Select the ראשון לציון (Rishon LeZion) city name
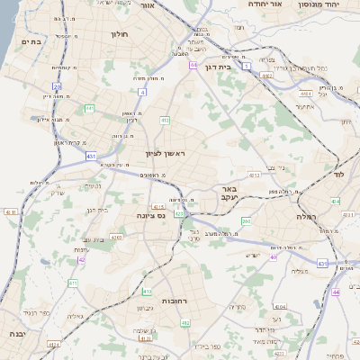[x=163, y=154]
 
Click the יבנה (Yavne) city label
[x=17, y=334]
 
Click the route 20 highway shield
[x=57, y=86]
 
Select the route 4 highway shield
[x=142, y=92]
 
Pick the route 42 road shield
[x=81, y=259]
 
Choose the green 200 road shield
[x=246, y=220]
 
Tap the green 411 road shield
[x=72, y=283]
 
